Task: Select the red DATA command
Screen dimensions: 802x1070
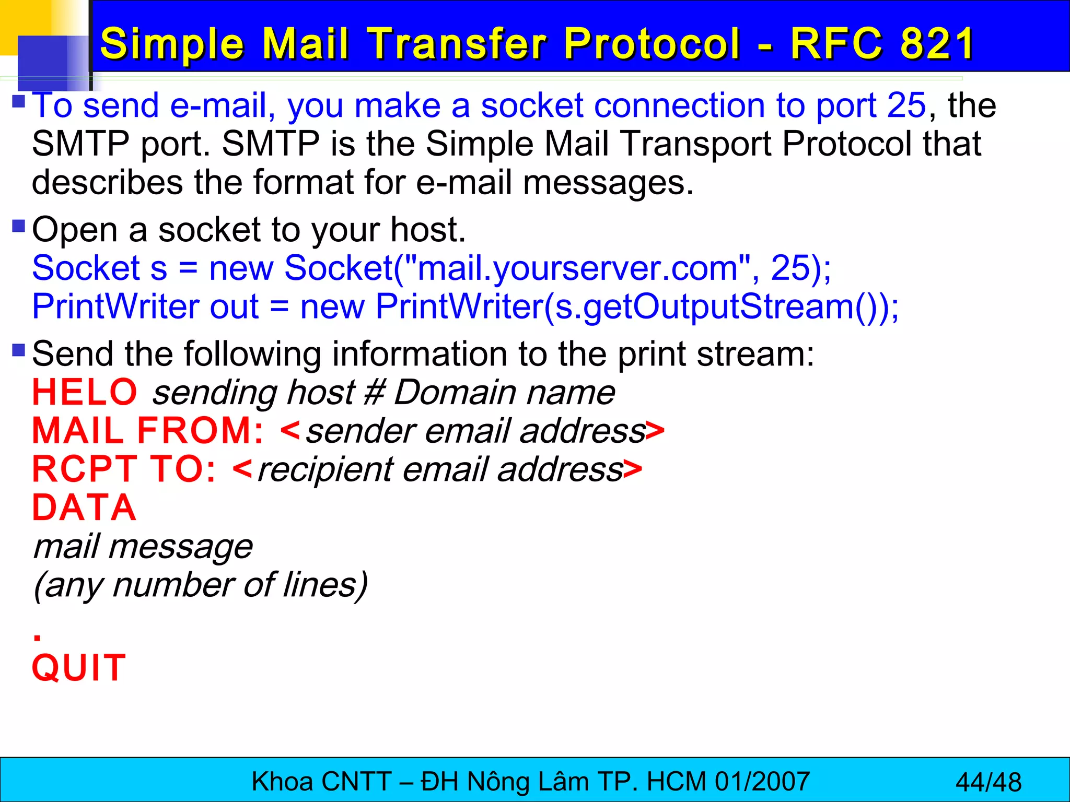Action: click(84, 508)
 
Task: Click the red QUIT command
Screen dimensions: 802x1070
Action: click(79, 668)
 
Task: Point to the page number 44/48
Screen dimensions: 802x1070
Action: click(988, 782)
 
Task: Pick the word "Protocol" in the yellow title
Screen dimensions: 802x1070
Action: click(652, 43)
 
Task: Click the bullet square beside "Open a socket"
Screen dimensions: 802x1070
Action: click(19, 226)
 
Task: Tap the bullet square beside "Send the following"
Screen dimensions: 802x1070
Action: click(19, 350)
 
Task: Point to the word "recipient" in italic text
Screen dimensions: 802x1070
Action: click(325, 469)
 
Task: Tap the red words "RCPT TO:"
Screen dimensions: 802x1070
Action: click(124, 469)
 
